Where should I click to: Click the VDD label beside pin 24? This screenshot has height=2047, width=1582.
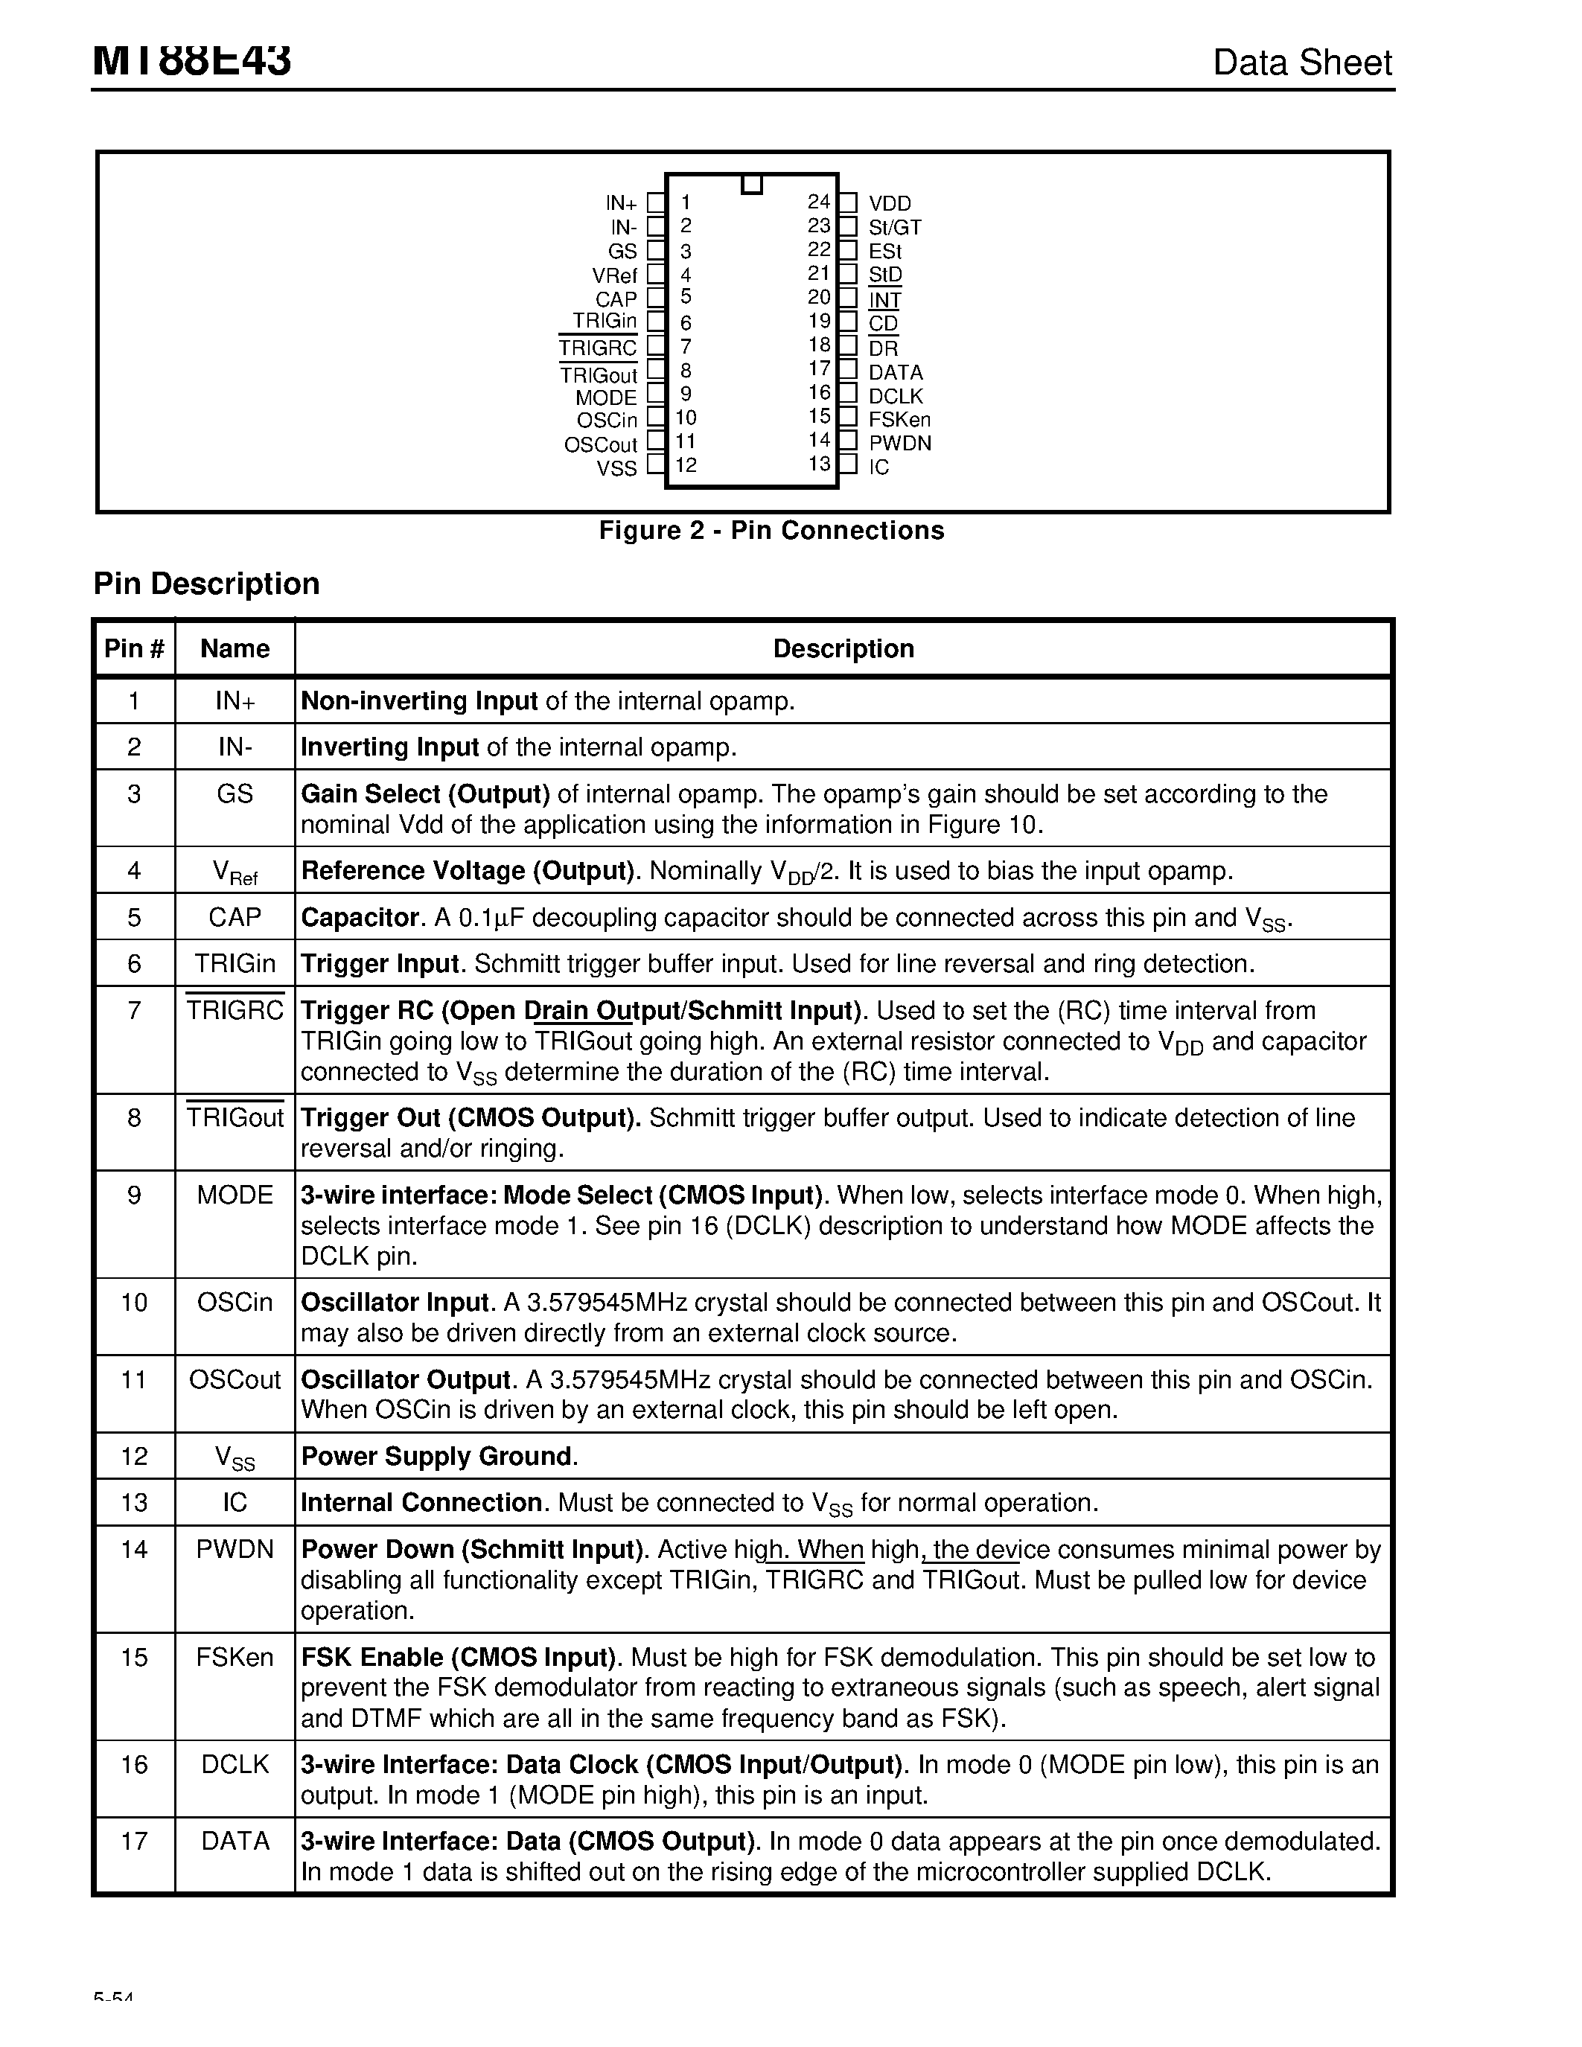(890, 203)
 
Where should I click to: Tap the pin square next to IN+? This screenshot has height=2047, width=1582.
(656, 202)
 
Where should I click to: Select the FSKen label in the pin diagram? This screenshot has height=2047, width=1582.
(899, 419)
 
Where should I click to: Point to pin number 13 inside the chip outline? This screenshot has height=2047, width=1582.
(819, 464)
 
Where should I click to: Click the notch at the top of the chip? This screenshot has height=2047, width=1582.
(750, 184)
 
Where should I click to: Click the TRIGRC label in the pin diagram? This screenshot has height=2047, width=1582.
(597, 348)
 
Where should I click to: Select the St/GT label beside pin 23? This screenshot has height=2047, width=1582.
(894, 227)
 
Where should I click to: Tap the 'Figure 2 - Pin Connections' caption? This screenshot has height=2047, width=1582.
(771, 531)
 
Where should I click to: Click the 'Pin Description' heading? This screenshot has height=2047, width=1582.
(206, 584)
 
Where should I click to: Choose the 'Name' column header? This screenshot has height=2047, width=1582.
(235, 648)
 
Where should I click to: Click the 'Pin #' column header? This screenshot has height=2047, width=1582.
(134, 648)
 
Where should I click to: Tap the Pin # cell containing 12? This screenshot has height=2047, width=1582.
(134, 1455)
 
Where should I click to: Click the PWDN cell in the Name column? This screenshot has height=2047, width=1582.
(235, 1549)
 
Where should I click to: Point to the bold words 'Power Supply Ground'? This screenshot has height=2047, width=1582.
(436, 1455)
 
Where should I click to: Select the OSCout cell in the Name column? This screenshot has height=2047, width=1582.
(235, 1379)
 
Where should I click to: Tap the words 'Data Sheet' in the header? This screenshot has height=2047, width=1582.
(1302, 63)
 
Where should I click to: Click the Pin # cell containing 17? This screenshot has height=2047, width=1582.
(134, 1842)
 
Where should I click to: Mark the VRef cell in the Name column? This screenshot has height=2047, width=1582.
(235, 872)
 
